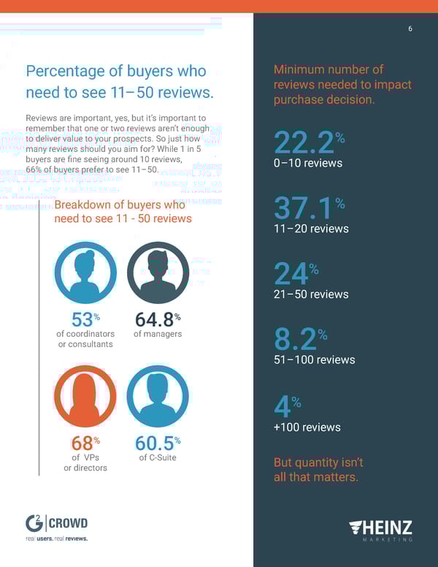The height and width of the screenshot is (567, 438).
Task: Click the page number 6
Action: [410, 28]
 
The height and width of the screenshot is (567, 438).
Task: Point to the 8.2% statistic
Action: [300, 339]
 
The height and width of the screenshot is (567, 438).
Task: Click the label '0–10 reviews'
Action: [308, 163]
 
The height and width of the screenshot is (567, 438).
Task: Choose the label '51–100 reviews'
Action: [314, 359]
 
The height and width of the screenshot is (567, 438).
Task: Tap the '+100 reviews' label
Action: [307, 427]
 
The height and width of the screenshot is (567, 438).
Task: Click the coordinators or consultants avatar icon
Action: [85, 273]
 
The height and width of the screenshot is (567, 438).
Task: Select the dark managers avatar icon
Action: [158, 273]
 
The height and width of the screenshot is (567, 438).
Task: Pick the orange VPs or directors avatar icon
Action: [85, 395]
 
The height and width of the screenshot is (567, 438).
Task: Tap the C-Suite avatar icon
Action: [158, 395]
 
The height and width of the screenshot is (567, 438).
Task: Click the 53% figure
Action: [85, 319]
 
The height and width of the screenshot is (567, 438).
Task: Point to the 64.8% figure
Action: [158, 319]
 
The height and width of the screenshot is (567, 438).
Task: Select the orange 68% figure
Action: [85, 444]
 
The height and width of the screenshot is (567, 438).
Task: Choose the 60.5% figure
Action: [158, 444]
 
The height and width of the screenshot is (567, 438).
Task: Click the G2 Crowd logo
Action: [56, 523]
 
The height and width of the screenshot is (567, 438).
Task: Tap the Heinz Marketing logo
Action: [380, 529]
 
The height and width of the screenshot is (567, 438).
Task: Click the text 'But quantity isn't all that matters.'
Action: [316, 470]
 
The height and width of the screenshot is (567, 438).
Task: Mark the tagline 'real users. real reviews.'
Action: [56, 539]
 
